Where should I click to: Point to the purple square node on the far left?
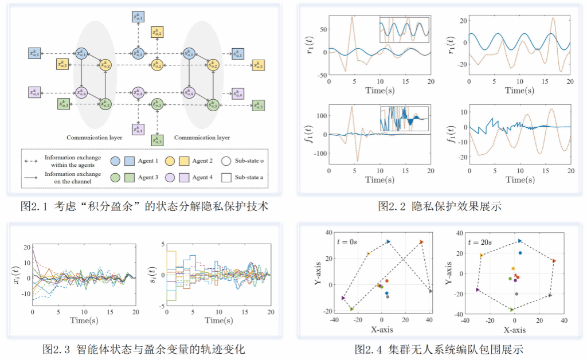pos(35,92)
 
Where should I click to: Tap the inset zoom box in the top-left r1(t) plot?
pos(405,30)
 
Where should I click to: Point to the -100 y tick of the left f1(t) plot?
pos(318,154)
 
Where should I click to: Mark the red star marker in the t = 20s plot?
pos(516,277)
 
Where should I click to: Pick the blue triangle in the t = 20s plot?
pos(520,241)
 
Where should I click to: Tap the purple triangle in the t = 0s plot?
pos(343,298)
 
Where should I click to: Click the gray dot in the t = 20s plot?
pos(516,294)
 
